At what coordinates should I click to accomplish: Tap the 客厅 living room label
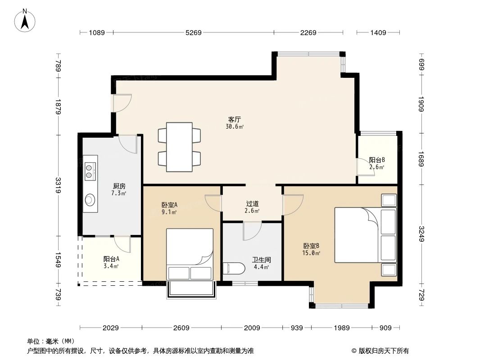point(234,120)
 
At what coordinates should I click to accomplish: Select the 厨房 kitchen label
point(119,186)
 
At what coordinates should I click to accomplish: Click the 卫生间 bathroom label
point(261,260)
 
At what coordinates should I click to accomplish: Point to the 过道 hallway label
point(252,204)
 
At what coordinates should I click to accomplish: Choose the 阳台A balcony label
point(111,259)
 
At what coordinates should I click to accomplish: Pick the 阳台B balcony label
point(377,160)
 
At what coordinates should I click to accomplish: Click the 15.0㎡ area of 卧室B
point(312,253)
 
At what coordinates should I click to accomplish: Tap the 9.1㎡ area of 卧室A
point(169,212)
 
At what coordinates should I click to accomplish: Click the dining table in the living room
point(179,147)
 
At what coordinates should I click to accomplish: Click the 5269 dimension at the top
point(193,32)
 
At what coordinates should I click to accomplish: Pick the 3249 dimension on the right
point(421,234)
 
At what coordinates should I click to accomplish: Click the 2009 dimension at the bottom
point(252,328)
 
